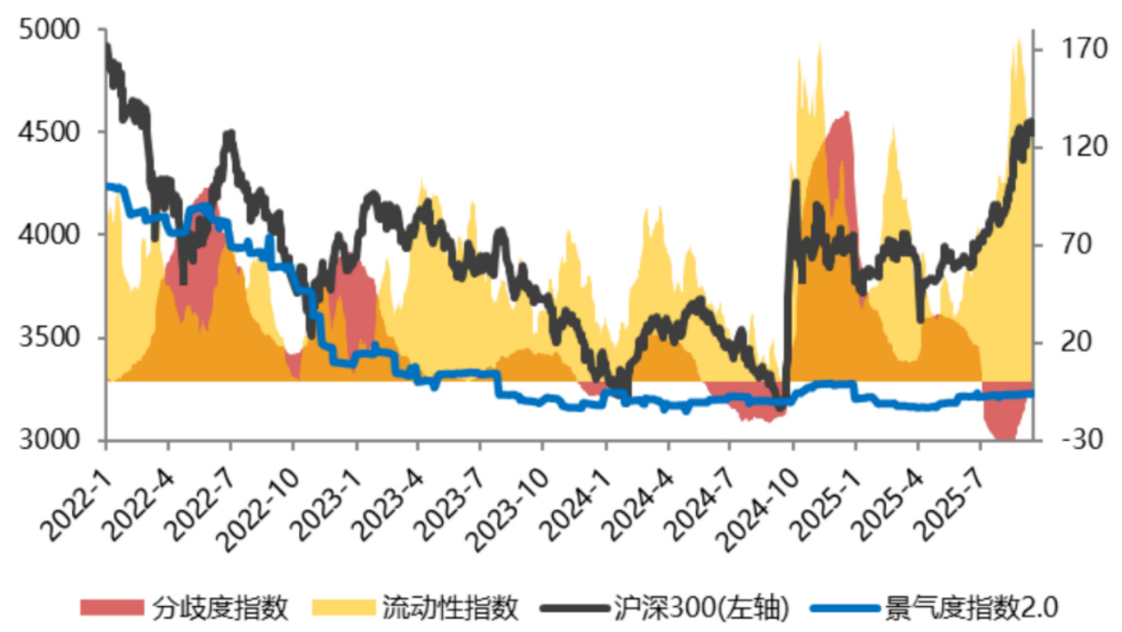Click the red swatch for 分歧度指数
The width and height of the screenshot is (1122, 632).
point(112,609)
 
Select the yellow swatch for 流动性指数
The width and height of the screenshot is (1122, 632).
point(343,609)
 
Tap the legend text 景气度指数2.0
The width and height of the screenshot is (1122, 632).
point(971,609)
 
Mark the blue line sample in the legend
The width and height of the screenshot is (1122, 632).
point(844,609)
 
